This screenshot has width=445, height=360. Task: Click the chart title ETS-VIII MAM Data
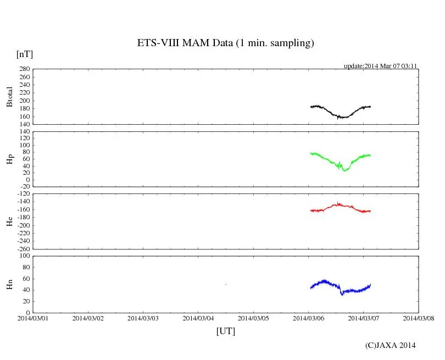(x=225, y=43)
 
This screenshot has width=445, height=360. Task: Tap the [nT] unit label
(x=24, y=54)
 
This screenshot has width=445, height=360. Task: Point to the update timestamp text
(x=381, y=66)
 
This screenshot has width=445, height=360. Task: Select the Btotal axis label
(x=9, y=97)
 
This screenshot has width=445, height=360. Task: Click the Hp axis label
(x=9, y=159)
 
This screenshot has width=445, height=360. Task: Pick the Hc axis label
(x=9, y=221)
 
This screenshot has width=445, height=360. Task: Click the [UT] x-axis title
(x=225, y=331)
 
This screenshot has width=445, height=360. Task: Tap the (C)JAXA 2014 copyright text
(x=390, y=345)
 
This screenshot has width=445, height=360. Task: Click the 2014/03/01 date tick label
(x=33, y=318)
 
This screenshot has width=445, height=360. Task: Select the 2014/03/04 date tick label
(x=198, y=318)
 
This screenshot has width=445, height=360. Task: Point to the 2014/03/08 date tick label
(x=418, y=318)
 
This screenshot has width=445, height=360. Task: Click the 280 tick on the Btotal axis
(x=23, y=69)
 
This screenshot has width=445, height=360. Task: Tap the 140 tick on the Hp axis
(x=23, y=132)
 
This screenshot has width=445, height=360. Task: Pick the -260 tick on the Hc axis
(x=22, y=249)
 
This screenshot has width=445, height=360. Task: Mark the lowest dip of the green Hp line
(x=345, y=170)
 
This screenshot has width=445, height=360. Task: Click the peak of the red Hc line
(x=338, y=203)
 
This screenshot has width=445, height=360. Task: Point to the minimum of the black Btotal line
(x=338, y=118)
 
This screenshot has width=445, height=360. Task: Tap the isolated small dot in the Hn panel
(x=226, y=284)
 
